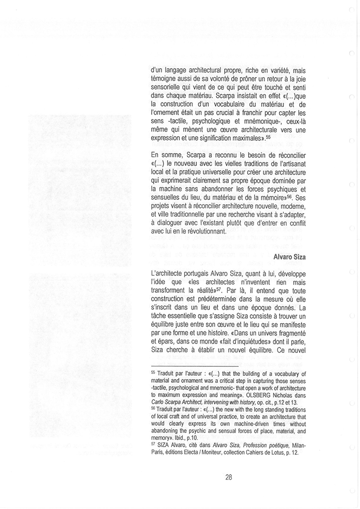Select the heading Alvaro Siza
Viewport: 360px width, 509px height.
[x=293, y=256]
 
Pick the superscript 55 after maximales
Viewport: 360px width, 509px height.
[x=269, y=136]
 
